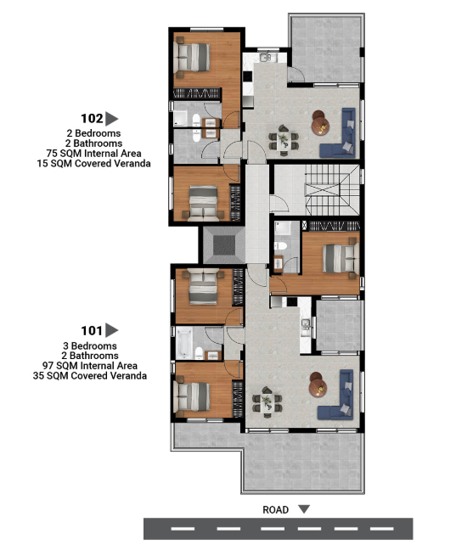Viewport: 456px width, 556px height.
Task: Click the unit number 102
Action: click(x=92, y=119)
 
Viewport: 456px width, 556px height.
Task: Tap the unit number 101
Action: click(x=92, y=331)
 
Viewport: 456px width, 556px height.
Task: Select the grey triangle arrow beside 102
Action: click(x=112, y=119)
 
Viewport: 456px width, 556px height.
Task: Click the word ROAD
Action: click(x=275, y=509)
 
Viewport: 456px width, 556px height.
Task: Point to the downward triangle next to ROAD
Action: click(x=304, y=509)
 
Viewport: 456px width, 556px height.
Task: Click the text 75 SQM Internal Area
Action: click(x=94, y=154)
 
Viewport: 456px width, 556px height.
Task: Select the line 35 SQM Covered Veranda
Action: click(x=90, y=376)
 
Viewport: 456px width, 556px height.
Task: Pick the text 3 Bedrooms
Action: click(x=90, y=345)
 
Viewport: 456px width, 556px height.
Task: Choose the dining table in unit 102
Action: click(x=284, y=140)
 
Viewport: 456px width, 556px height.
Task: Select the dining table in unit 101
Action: click(x=267, y=402)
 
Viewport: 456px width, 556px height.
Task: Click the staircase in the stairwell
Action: click(x=332, y=189)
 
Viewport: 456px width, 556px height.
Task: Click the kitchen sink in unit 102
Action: click(x=265, y=57)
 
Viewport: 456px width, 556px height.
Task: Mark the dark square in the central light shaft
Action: click(x=224, y=245)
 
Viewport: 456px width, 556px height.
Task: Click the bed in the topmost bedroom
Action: click(x=192, y=58)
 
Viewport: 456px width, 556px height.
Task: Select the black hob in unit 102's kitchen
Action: click(x=247, y=76)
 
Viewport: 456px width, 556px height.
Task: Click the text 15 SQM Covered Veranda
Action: click(x=94, y=164)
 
